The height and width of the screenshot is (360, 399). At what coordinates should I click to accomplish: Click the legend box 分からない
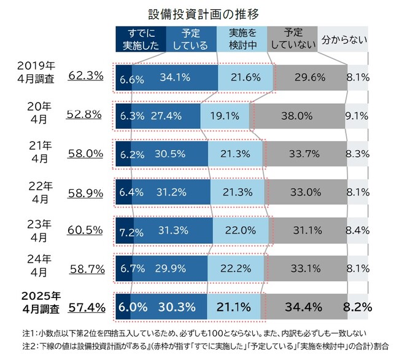click(x=345, y=39)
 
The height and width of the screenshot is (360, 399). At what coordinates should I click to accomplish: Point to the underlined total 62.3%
click(x=87, y=77)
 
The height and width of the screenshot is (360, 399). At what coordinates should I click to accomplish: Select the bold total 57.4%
click(x=87, y=306)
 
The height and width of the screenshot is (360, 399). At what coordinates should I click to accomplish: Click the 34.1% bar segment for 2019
click(x=175, y=77)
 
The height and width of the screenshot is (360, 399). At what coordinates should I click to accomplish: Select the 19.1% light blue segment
click(x=225, y=115)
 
